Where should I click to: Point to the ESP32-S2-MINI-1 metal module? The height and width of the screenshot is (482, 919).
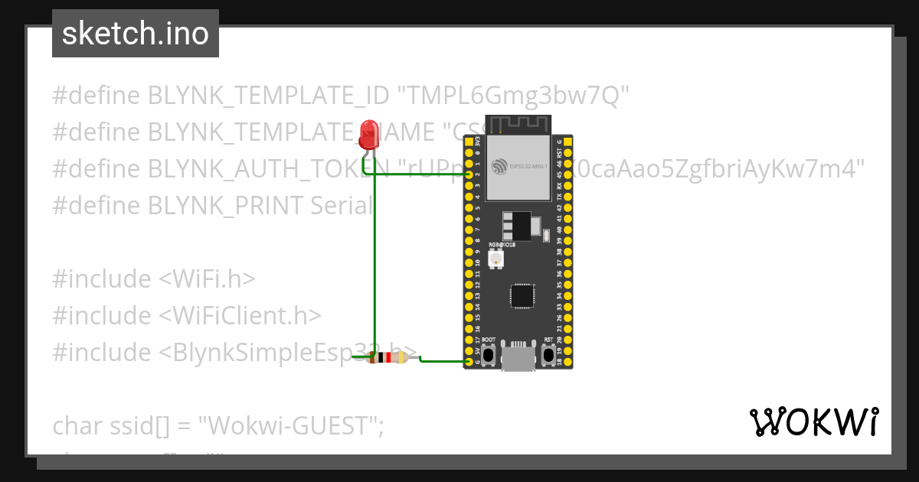coord(519,164)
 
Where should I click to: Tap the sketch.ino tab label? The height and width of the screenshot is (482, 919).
coord(136,34)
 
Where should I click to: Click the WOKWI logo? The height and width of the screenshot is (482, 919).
coord(813,422)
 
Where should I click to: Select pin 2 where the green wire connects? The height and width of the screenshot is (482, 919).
coord(469,175)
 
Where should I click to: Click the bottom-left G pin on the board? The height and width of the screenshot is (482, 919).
coord(469,361)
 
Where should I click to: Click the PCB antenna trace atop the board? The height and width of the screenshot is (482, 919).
coord(519,123)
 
